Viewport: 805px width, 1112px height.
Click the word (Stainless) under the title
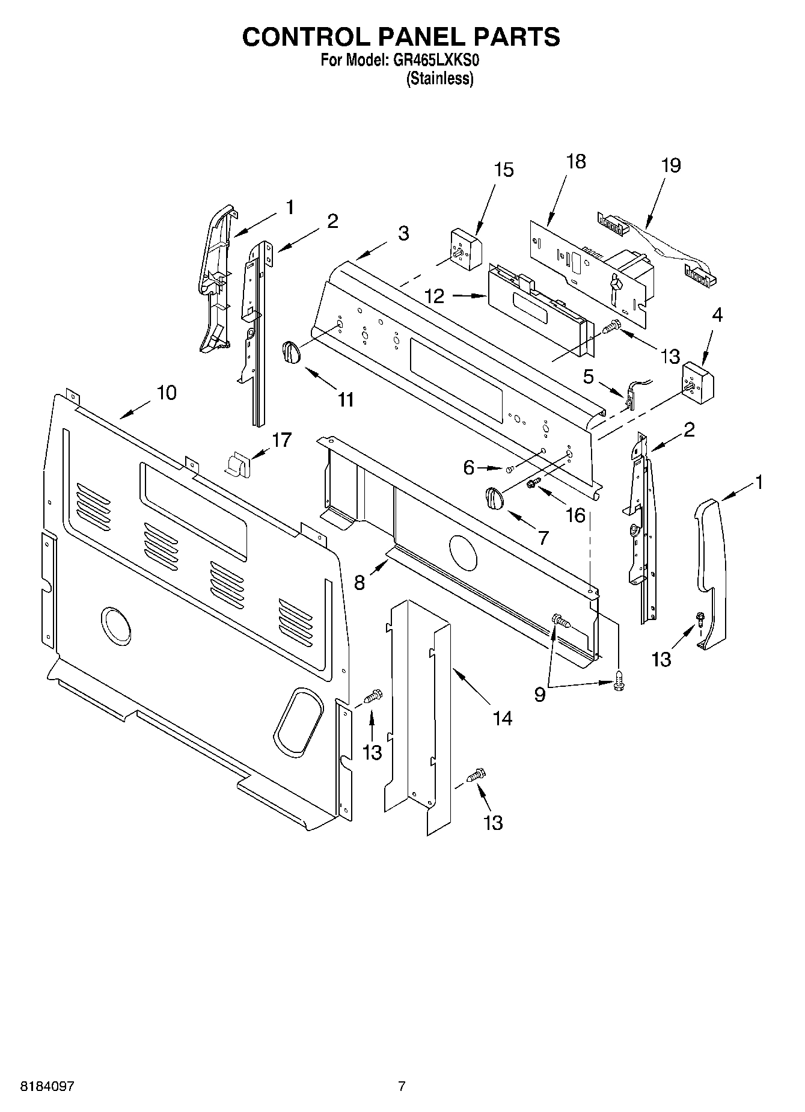point(440,79)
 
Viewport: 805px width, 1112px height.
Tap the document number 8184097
point(47,1087)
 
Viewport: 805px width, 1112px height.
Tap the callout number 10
point(167,393)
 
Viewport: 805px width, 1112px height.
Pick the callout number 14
point(502,717)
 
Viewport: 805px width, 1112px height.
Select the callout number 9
point(539,695)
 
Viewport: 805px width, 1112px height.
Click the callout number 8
point(360,582)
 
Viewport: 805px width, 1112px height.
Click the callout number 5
point(588,377)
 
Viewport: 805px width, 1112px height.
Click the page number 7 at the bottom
point(402,1086)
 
